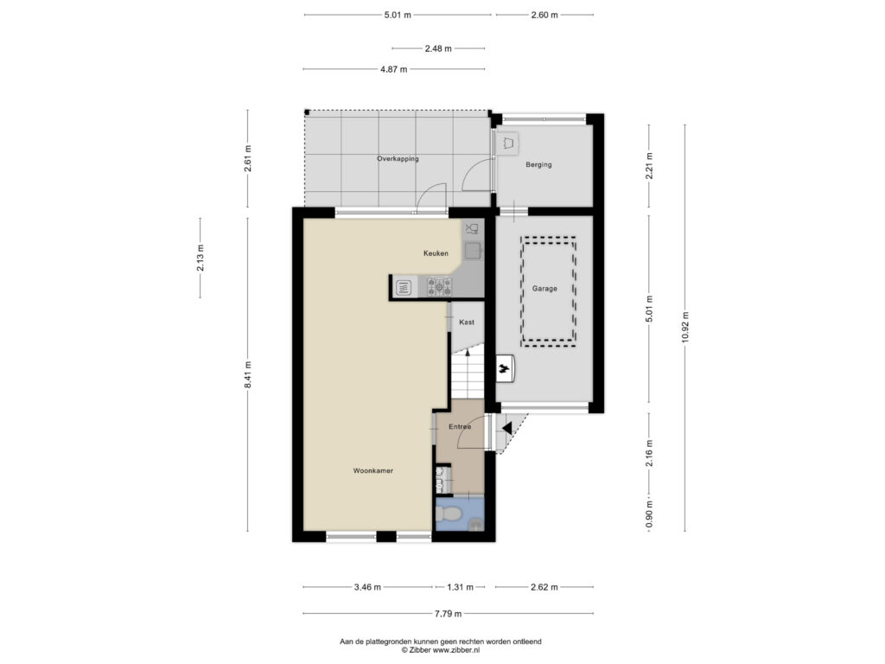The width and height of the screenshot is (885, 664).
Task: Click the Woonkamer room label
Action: coord(373,470)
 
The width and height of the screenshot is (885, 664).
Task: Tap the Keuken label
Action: coord(436,253)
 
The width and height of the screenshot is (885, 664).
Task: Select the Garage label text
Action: coord(544,289)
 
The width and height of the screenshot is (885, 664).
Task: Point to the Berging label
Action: coord(538,165)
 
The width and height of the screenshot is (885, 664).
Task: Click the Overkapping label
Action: coord(398,159)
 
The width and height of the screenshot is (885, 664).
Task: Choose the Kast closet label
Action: coord(467,322)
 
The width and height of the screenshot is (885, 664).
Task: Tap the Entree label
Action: coord(460,427)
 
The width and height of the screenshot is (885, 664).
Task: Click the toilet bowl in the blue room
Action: coord(449,514)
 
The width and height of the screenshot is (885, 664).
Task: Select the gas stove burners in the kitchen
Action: coord(439,286)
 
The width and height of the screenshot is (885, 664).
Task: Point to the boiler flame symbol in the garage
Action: coord(504,370)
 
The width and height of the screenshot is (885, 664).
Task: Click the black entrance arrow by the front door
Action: coord(506,428)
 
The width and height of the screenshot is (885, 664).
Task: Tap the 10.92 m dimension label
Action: coord(685,327)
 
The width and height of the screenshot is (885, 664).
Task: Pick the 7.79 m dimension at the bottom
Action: coord(449,614)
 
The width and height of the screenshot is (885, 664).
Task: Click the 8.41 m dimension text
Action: coord(248,374)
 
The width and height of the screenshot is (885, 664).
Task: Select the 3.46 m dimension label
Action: coord(367,587)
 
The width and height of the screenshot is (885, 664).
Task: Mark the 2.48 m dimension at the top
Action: coord(438,48)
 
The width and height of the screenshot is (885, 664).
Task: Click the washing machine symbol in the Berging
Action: coord(507,144)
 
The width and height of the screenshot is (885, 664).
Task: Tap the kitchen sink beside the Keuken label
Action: coord(473,250)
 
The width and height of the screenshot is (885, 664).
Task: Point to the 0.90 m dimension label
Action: coord(649,515)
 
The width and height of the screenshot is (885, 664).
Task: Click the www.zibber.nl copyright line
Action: coord(440,650)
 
